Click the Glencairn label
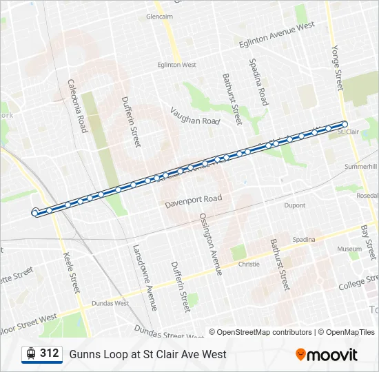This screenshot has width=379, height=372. pos(160,16)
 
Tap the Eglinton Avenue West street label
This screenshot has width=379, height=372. pos(276,34)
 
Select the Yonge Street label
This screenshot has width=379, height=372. pos(337,68)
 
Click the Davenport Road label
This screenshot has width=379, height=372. pos(194,201)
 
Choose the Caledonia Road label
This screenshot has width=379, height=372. pos(77,105)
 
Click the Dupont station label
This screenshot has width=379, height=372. pos(294,205)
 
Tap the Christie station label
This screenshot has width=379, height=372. pos(249,264)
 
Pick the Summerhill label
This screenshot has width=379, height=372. pos(361,167)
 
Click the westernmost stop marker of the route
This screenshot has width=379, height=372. pos(35,213)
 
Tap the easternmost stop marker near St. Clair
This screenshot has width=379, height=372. pos(345,124)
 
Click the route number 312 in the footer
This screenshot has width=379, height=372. pos(49,353)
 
